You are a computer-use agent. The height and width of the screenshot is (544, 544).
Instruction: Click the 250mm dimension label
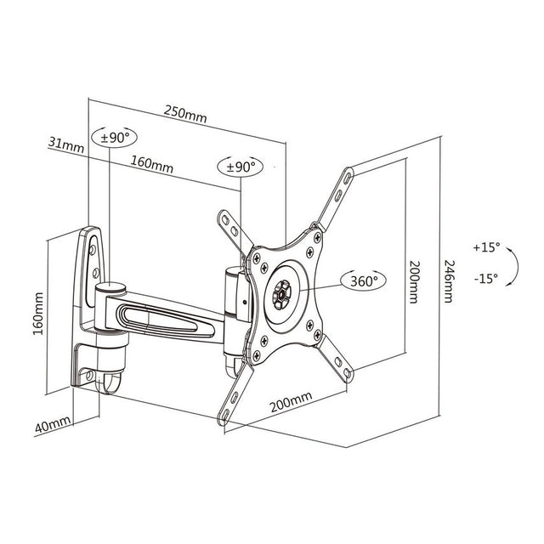click(185, 114)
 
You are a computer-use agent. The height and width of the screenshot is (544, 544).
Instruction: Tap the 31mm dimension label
click(66, 144)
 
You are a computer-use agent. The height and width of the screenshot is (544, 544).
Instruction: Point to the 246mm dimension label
click(448, 281)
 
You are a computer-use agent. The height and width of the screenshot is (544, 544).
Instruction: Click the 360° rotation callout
click(364, 280)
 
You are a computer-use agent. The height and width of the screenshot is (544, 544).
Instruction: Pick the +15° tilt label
click(486, 247)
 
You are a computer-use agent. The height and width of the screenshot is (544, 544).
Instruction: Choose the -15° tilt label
click(486, 278)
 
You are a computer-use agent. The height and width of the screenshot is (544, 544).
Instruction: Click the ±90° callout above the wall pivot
click(114, 137)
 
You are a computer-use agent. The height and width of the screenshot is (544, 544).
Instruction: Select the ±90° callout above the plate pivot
click(240, 167)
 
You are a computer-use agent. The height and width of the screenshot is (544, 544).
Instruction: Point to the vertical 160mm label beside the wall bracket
click(38, 314)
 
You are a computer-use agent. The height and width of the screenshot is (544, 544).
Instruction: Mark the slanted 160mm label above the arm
click(151, 164)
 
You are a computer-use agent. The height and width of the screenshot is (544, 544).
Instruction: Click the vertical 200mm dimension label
click(414, 282)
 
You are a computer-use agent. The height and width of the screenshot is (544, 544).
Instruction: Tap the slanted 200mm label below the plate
click(291, 402)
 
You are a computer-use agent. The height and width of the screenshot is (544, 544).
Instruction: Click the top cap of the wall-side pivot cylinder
click(110, 287)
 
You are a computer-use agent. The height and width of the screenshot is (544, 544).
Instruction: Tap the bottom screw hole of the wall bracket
click(88, 375)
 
